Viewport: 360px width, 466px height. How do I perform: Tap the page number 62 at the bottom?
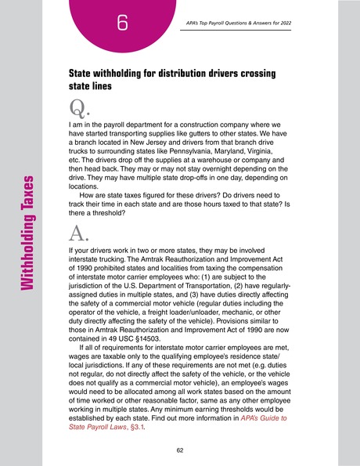point(181,450)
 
